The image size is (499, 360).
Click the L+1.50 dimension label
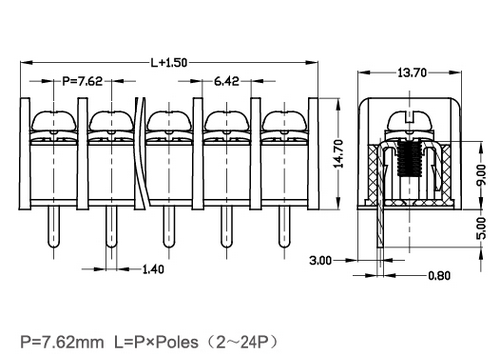[169, 62]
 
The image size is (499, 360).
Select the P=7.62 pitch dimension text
[83, 81]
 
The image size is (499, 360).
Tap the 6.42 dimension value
[227, 81]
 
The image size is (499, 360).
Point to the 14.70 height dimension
[338, 154]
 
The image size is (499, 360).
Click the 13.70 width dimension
[412, 72]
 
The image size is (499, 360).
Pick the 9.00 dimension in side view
[481, 175]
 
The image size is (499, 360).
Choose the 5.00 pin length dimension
[481, 229]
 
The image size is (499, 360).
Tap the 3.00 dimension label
[321, 260]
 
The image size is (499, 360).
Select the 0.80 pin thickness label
[439, 276]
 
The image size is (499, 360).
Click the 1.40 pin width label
[153, 269]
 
